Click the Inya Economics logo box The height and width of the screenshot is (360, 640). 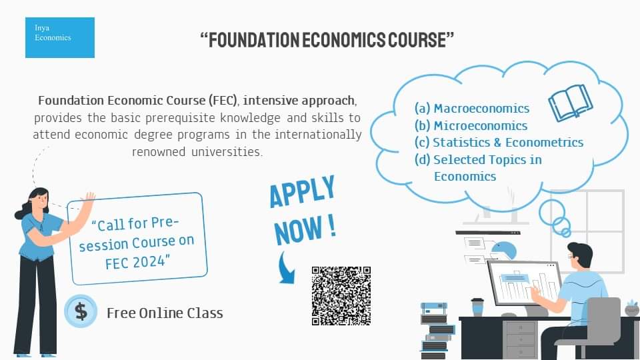(x=60, y=37)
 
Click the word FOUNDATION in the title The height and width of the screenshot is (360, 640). (x=254, y=40)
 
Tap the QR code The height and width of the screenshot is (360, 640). (x=341, y=296)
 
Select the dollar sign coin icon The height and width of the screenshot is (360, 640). (x=81, y=311)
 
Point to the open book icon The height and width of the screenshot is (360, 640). (x=571, y=103)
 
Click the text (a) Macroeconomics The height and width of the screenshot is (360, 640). (x=472, y=108)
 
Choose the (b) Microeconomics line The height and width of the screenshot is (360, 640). (x=471, y=126)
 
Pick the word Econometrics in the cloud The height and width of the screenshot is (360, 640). (x=545, y=142)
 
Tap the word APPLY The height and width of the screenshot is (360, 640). (x=302, y=191)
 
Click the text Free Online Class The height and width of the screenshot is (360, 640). (x=165, y=313)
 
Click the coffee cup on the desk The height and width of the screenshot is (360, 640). (x=477, y=307)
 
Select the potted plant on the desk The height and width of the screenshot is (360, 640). (x=632, y=308)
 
